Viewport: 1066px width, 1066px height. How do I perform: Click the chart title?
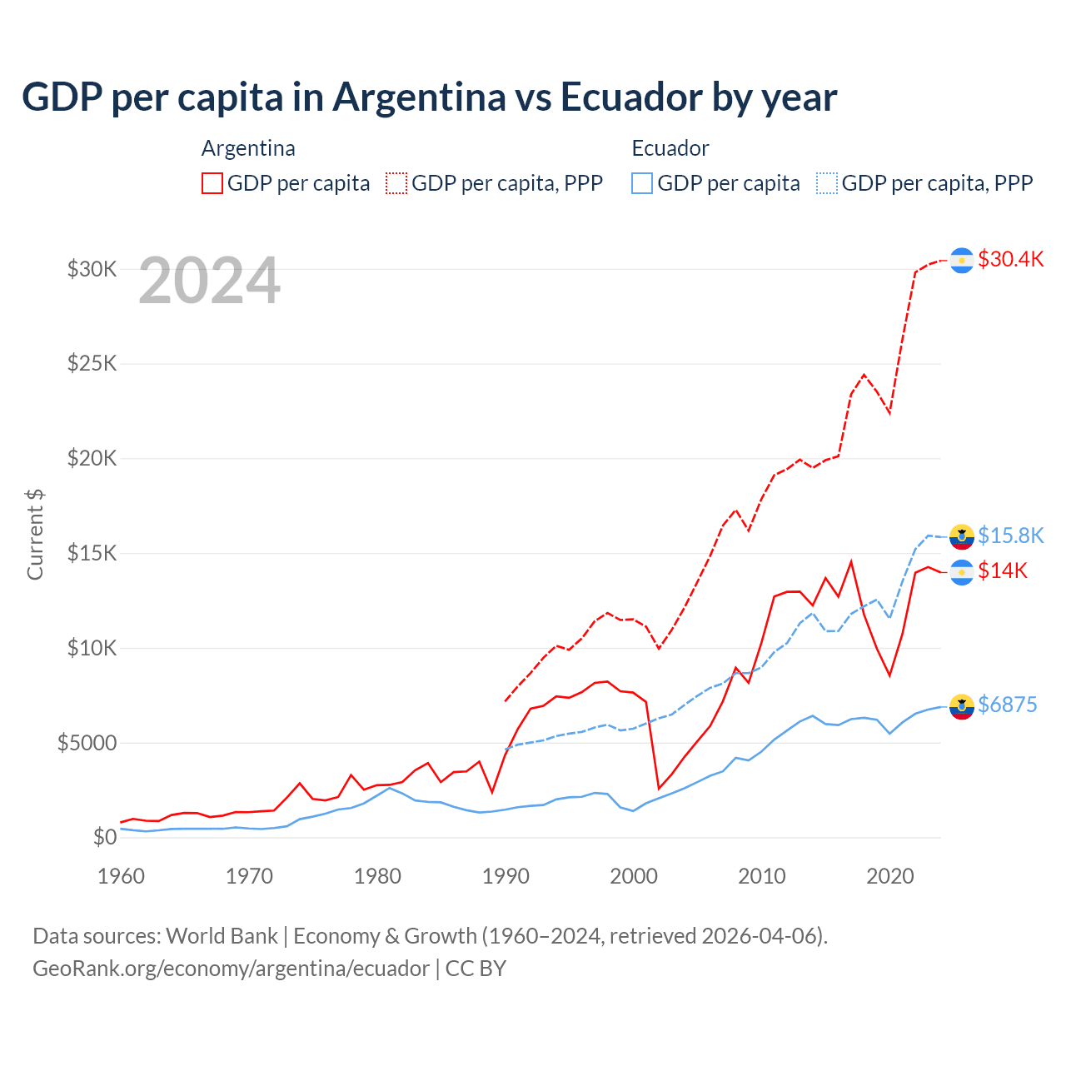tap(429, 97)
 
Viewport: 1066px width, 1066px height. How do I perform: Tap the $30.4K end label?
tap(1010, 259)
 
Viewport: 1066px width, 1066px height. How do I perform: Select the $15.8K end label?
tap(1010, 535)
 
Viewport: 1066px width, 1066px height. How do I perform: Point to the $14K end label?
tap(1003, 570)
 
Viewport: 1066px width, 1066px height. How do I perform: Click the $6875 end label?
tap(1007, 705)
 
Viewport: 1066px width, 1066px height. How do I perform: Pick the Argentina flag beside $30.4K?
tap(962, 261)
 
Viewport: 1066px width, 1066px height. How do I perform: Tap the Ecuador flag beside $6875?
tap(962, 706)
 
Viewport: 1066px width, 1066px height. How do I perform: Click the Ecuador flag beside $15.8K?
tap(962, 537)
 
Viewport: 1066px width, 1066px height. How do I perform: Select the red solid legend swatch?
tap(212, 183)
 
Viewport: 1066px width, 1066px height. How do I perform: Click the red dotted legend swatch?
tap(396, 183)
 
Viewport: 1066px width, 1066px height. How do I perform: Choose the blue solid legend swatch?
tap(642, 183)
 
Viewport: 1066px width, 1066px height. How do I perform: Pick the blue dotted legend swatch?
tap(827, 183)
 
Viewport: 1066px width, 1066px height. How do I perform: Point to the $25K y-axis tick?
tap(92, 364)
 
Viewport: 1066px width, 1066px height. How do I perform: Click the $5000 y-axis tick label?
tap(87, 743)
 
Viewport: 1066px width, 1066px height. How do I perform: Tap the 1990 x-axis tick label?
tap(506, 876)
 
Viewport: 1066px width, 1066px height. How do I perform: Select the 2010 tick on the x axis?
tap(762, 876)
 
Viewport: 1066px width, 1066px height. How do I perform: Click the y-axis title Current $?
tap(35, 534)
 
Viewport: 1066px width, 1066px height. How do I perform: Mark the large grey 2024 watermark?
tap(209, 281)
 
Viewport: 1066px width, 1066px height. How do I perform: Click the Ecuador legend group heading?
tap(670, 148)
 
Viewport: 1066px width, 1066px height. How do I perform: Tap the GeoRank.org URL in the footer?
tap(231, 969)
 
